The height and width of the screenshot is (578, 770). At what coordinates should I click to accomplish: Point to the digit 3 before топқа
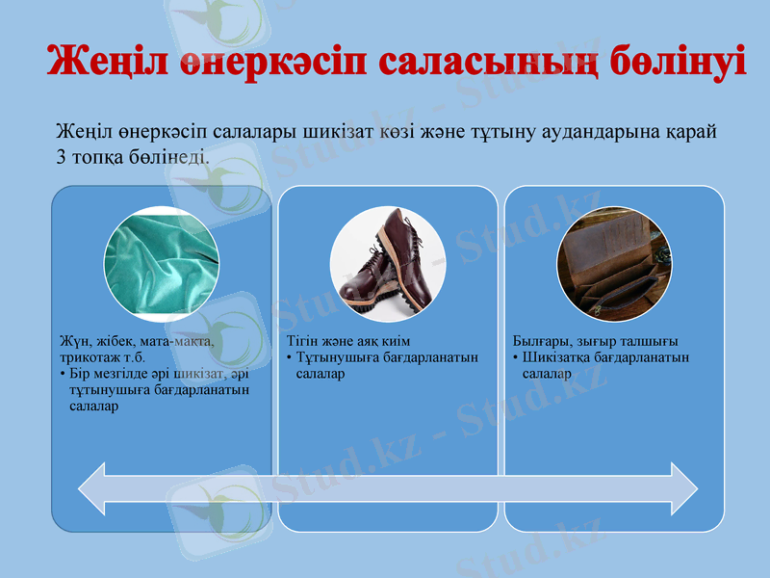coord(62,154)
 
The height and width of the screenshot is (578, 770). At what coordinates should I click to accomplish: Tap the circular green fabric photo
coord(162,264)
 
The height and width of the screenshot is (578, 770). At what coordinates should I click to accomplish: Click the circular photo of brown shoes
coord(387,264)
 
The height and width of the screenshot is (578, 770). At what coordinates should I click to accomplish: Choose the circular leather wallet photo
coord(614,264)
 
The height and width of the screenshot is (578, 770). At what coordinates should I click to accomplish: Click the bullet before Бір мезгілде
coord(63,374)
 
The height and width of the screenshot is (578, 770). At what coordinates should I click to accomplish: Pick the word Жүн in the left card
coord(73,342)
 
